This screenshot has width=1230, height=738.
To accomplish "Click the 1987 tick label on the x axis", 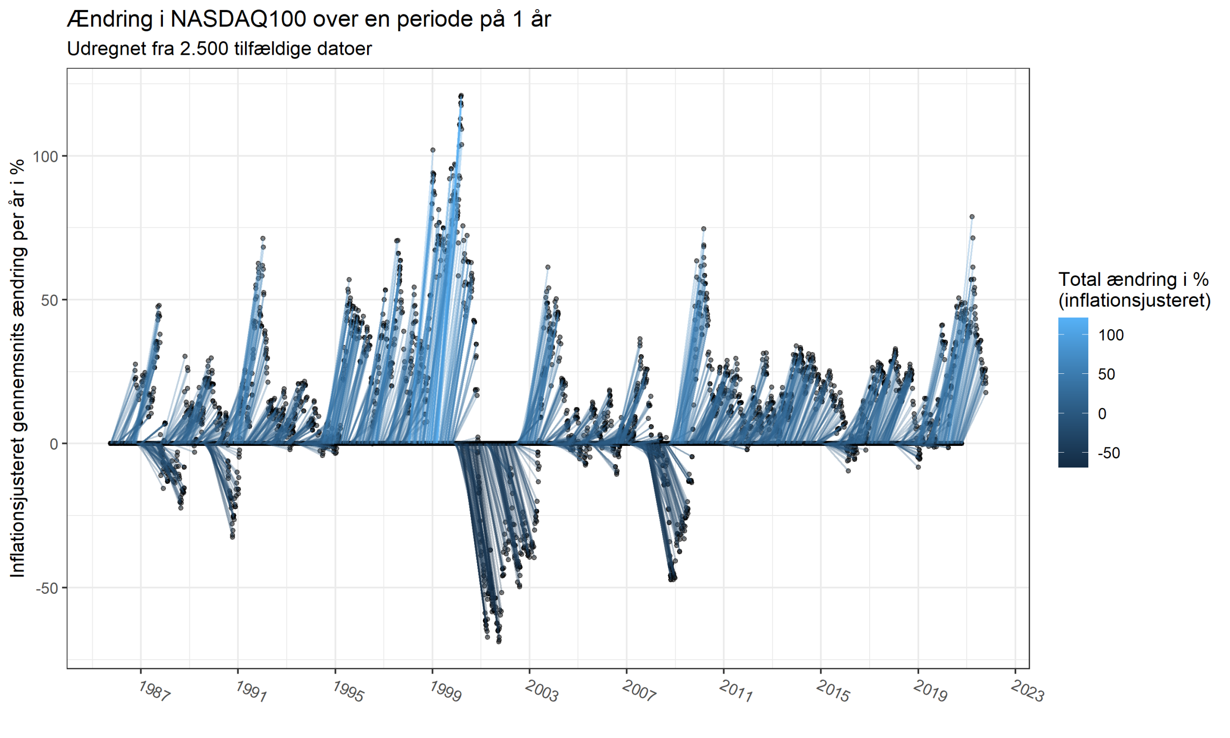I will click(154, 691).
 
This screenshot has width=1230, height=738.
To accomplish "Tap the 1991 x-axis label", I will click(251, 691).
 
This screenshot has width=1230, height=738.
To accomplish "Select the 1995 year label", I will click(348, 691).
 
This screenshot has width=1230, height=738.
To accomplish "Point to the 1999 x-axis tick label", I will click(445, 691).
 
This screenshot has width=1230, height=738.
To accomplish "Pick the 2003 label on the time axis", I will click(542, 691).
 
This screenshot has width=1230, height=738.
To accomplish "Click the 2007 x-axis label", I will click(639, 691).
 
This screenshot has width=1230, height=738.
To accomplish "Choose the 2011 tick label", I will click(736, 691).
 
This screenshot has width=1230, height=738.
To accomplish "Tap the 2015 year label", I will click(833, 691).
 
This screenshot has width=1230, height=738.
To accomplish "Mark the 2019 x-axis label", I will click(930, 691).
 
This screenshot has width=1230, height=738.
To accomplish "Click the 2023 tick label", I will click(1027, 691).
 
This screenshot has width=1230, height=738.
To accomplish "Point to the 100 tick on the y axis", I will click(46, 156).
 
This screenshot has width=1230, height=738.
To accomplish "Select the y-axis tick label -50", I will click(47, 588).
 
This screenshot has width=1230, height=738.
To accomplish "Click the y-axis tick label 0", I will click(54, 444).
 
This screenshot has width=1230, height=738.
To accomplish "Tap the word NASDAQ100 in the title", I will click(238, 19).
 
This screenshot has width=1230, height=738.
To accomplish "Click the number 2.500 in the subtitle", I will click(204, 49).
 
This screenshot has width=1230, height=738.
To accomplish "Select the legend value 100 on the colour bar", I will click(1111, 335).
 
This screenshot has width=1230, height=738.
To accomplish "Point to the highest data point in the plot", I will click(461, 96).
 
